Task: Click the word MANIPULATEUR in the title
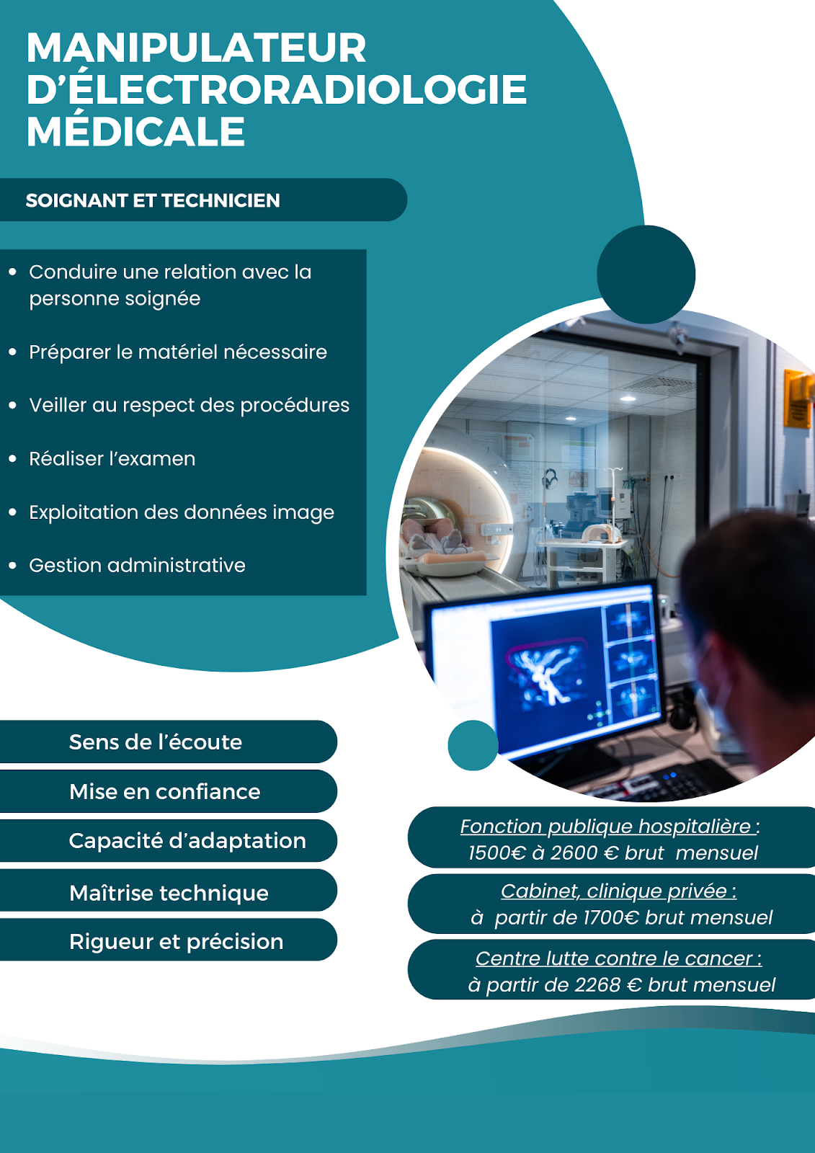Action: click(196, 48)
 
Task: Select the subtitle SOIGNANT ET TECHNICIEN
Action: click(153, 200)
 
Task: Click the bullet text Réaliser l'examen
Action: click(112, 458)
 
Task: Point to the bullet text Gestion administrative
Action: click(137, 565)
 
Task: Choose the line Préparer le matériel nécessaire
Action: click(178, 352)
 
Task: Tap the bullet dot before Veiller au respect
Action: click(13, 406)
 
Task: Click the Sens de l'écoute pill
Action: click(169, 742)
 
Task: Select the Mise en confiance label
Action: click(165, 792)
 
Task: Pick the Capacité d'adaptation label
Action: click(187, 840)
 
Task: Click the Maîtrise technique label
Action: click(169, 893)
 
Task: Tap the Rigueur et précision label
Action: click(176, 942)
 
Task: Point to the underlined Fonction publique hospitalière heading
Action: click(610, 826)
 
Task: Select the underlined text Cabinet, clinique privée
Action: click(619, 891)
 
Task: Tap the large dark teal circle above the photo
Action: click(646, 275)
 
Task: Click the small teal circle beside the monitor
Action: click(473, 745)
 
